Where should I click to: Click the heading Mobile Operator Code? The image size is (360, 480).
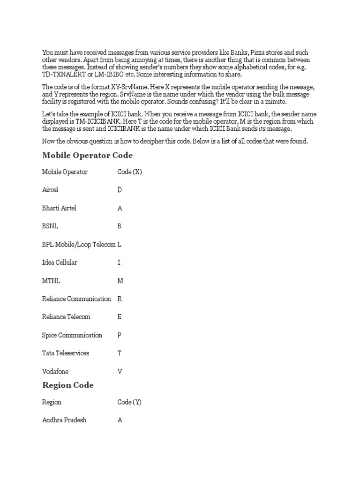87,155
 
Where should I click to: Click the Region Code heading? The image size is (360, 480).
68,385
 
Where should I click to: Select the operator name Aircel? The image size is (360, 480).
50,190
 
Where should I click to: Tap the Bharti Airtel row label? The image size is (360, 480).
59,208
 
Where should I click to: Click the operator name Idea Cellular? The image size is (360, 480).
60,262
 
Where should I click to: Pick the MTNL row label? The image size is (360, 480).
51,281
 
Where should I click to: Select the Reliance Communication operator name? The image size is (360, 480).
76,299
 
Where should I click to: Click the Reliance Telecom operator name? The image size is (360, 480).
66,317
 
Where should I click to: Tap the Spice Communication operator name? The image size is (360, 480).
72,335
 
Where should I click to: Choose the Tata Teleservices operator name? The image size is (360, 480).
65,353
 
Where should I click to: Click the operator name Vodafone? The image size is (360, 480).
55,371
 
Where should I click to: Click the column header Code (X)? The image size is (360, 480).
129,172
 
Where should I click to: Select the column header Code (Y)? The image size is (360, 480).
129,402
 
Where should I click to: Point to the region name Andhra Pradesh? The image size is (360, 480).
64,420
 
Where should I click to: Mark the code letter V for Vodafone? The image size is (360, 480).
120,371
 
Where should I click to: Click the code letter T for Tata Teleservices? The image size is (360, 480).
120,353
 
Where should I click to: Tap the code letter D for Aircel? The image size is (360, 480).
120,190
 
